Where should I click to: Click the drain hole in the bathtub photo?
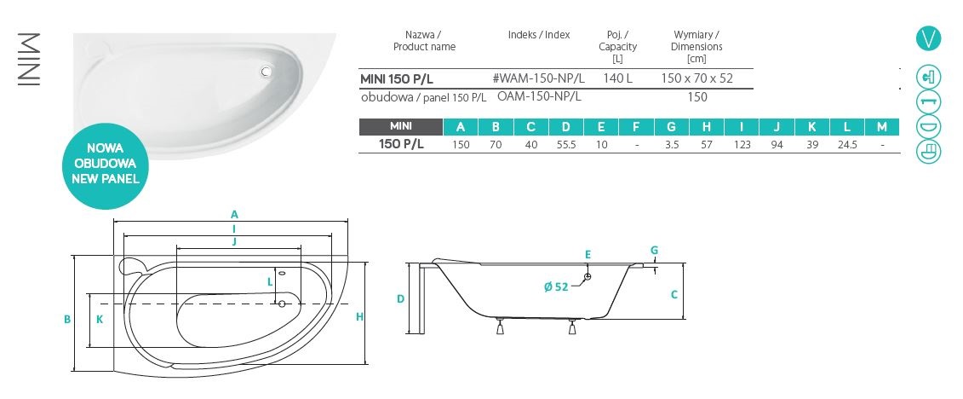[266, 72]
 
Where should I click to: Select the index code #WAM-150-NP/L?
[539, 78]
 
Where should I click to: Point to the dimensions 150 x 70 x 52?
[697, 78]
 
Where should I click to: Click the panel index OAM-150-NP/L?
[539, 96]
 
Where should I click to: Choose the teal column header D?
[565, 127]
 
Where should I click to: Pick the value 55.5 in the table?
[565, 145]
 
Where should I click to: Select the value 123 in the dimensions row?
[742, 145]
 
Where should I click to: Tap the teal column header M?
[882, 127]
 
